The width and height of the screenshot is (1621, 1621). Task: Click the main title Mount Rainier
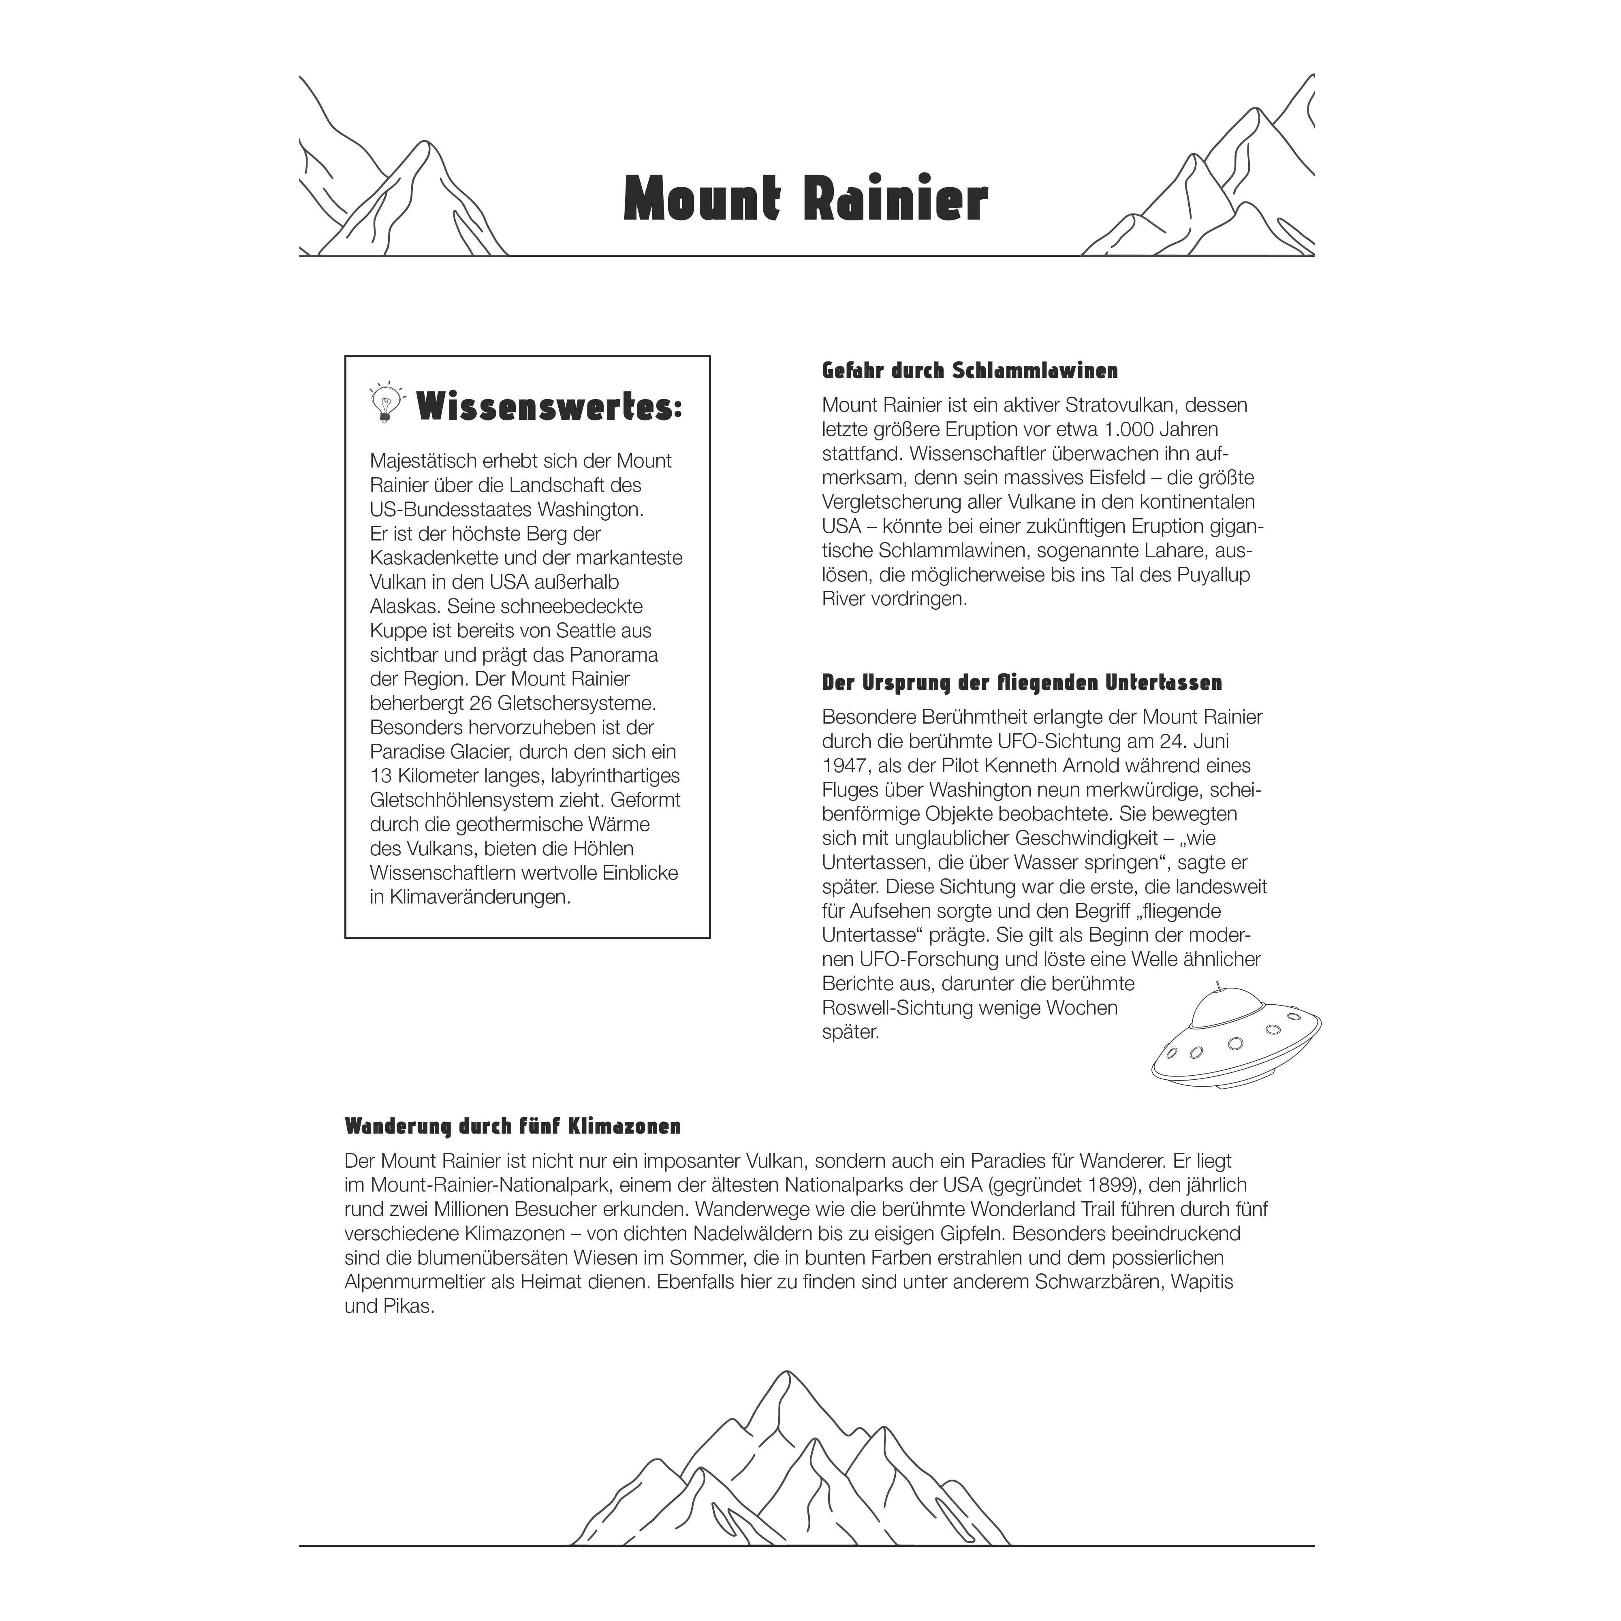[x=805, y=200]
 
